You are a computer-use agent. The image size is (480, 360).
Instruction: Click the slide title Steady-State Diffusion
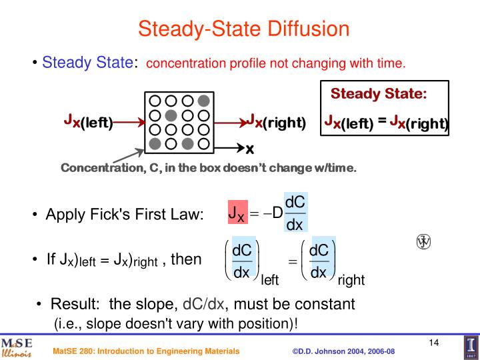(243, 29)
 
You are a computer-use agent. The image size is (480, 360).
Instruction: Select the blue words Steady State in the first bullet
(87, 63)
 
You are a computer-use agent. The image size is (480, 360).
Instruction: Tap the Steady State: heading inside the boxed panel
(379, 93)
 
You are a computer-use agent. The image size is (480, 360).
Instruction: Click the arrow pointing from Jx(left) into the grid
(128, 122)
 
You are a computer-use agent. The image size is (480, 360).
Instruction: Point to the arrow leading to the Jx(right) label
(231, 123)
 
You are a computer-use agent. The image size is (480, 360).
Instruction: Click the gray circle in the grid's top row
(204, 101)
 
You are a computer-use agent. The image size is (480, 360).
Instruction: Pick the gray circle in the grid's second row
(171, 115)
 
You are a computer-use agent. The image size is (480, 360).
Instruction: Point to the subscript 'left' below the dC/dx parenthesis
(270, 281)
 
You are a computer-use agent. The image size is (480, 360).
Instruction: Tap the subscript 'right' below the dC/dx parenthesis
(351, 281)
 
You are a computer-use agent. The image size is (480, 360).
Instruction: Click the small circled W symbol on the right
(422, 241)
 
